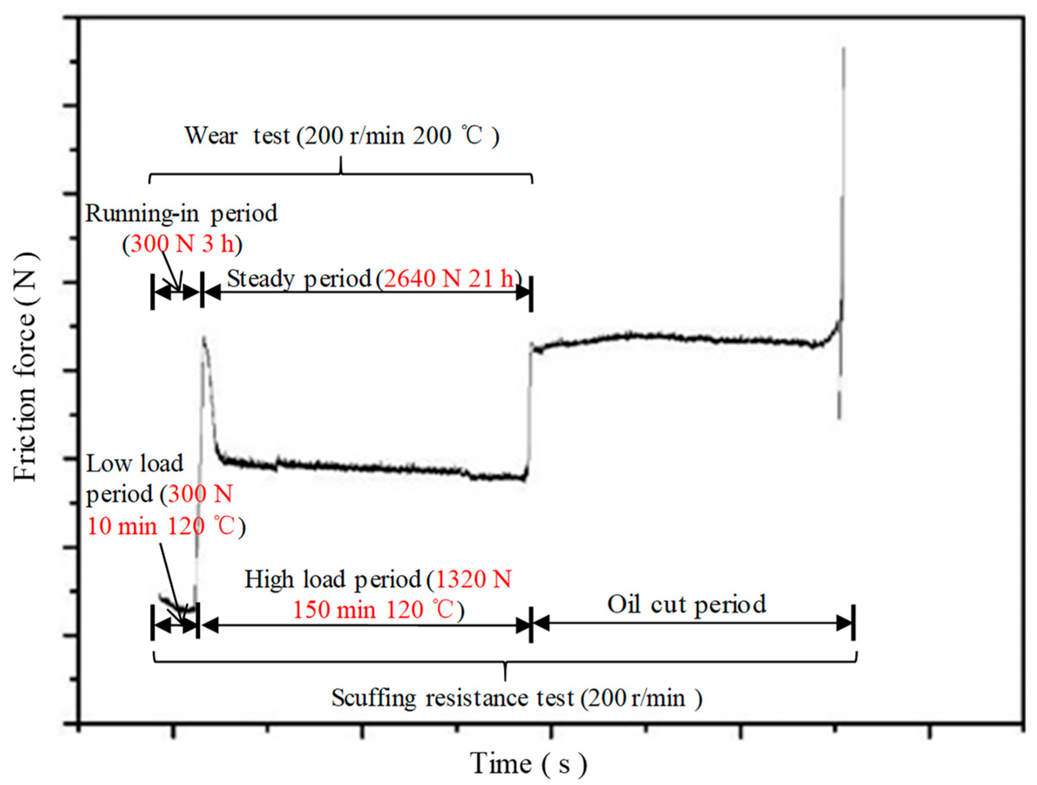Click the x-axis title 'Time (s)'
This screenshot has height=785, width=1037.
pyautogui.click(x=528, y=763)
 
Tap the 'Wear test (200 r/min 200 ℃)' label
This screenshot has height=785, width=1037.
pyautogui.click(x=342, y=136)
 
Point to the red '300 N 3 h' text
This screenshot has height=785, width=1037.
pyautogui.click(x=182, y=244)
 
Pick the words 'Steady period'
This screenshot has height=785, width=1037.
pyautogui.click(x=299, y=279)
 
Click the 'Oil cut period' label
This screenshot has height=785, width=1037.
pyautogui.click(x=687, y=604)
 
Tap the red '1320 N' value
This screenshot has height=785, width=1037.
pyautogui.click(x=473, y=579)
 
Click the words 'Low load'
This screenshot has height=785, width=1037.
pyautogui.click(x=135, y=464)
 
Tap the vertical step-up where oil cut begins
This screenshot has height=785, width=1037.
pyautogui.click(x=529, y=407)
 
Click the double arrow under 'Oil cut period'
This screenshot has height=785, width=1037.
pyautogui.click(x=692, y=624)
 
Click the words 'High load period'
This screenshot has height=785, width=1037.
pyautogui.click(x=333, y=579)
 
